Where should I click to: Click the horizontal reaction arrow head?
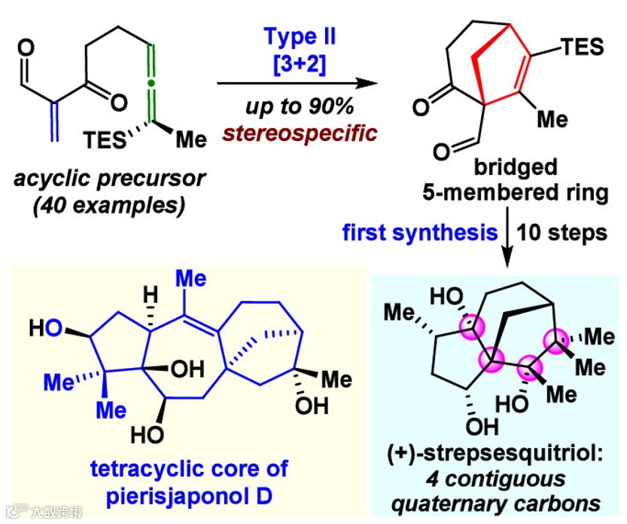point(366,84)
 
